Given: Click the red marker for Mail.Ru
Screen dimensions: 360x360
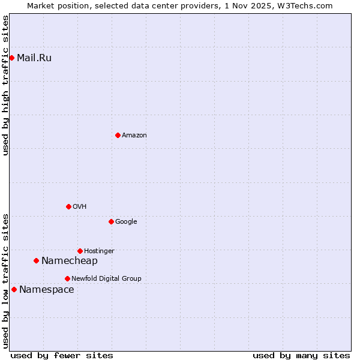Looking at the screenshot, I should [11, 58].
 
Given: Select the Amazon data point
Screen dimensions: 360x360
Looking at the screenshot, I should [118, 135].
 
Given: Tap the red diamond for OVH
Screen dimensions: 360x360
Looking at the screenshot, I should [68, 206].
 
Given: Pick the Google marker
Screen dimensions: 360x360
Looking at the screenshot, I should [111, 221].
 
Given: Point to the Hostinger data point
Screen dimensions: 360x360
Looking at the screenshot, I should [80, 251].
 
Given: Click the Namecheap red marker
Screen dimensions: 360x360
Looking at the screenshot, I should [36, 260].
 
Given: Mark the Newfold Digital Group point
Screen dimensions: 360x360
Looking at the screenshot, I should [67, 278].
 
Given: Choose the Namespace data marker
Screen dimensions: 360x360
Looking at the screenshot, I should [14, 289].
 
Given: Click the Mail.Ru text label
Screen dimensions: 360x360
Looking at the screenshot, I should [34, 58].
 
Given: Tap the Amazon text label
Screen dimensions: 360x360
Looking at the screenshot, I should [134, 136].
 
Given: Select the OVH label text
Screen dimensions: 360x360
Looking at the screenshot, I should [80, 207].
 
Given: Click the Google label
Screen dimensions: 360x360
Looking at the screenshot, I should [126, 222].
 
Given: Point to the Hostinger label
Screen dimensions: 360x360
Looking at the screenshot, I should [99, 251].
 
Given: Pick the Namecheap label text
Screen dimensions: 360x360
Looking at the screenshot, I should [69, 261].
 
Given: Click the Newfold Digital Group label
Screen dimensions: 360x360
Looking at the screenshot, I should [106, 279].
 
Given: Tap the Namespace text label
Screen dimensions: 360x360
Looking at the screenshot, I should [47, 290].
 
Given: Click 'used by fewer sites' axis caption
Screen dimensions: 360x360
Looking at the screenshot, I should [62, 356].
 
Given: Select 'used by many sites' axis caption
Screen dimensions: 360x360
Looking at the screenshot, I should [301, 356].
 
